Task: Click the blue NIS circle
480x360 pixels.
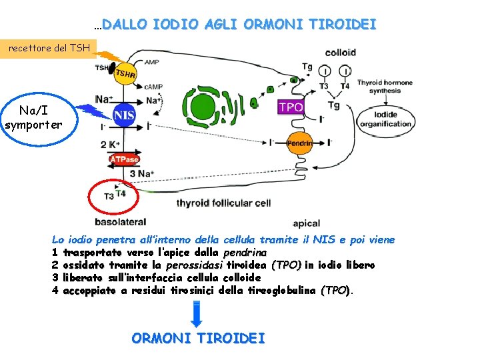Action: pyautogui.click(x=125, y=116)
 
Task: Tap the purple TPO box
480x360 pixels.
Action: pyautogui.click(x=291, y=107)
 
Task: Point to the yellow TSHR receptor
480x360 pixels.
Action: pyautogui.click(x=125, y=74)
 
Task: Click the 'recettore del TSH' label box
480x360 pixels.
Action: pyautogui.click(x=48, y=48)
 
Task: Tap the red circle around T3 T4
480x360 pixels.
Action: pyautogui.click(x=113, y=195)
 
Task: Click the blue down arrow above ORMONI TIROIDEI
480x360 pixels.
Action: pyautogui.click(x=197, y=314)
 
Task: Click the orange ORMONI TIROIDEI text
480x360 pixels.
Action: pyautogui.click(x=198, y=338)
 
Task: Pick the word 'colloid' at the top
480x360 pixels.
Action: pyautogui.click(x=340, y=52)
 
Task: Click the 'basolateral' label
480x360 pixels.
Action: pyautogui.click(x=120, y=221)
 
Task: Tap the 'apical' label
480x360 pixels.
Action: pyautogui.click(x=306, y=223)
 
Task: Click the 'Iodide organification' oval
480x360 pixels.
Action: pyautogui.click(x=385, y=119)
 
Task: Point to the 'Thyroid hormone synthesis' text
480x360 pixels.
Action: pyautogui.click(x=385, y=87)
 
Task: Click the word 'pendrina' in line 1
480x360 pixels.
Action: pyautogui.click(x=245, y=253)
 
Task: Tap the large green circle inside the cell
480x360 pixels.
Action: pyautogui.click(x=200, y=105)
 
